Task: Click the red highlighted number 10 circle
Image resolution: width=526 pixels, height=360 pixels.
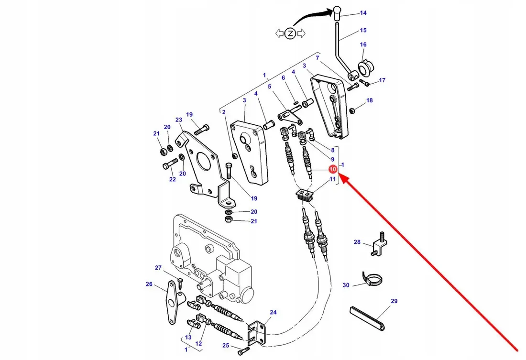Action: click(x=333, y=169)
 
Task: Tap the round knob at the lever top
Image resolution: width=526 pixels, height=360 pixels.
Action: click(x=337, y=13)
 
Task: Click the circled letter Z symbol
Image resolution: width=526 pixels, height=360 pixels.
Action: click(x=290, y=33)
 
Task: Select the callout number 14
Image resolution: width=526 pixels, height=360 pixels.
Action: click(x=363, y=13)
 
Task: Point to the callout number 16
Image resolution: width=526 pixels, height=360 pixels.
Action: click(x=363, y=44)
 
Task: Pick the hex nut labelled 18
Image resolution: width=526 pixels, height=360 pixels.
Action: click(x=352, y=110)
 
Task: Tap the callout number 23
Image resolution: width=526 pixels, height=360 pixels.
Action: click(x=179, y=120)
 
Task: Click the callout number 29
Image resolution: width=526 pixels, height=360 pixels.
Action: click(x=394, y=301)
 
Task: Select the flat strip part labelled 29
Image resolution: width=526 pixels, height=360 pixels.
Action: click(x=367, y=318)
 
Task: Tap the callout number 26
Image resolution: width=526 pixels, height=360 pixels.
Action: click(x=149, y=284)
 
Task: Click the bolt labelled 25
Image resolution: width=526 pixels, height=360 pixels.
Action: click(x=243, y=350)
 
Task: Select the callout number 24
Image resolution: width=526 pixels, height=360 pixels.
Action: click(x=274, y=312)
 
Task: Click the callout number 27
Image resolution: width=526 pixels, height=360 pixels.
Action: click(x=158, y=267)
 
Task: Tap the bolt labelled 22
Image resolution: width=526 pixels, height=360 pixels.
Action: click(x=170, y=164)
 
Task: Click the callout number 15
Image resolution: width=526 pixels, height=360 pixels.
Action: click(x=363, y=30)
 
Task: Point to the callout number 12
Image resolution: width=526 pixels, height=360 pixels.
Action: click(x=198, y=344)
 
